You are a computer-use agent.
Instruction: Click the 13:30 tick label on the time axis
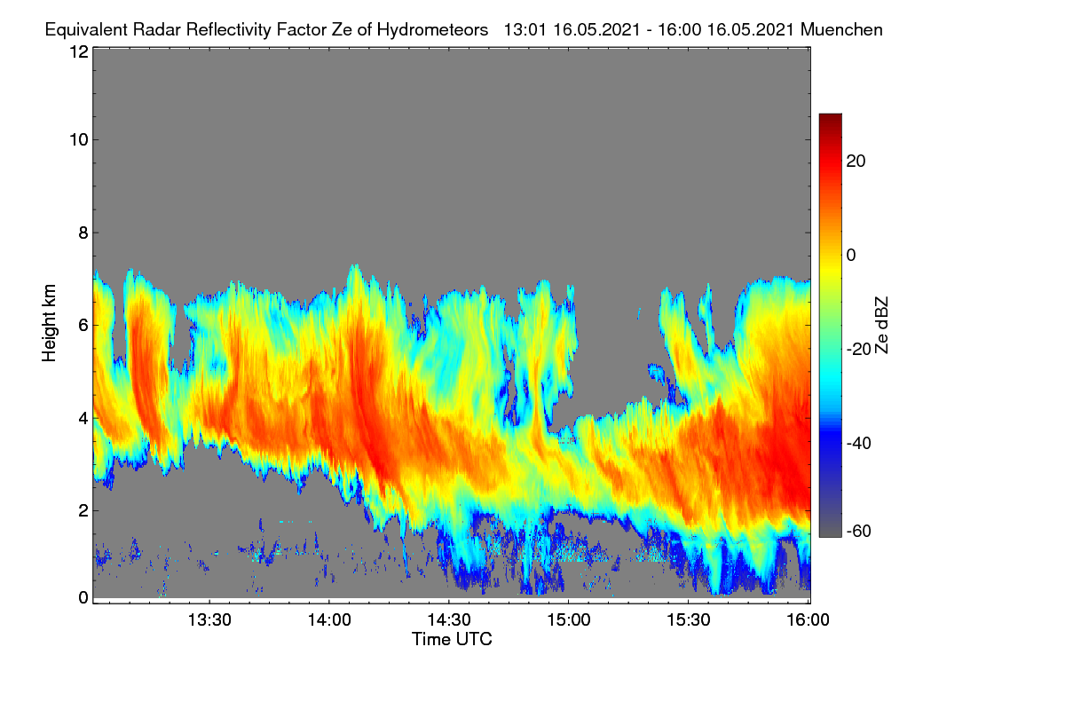[x=209, y=619]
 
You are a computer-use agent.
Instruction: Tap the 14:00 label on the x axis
[x=329, y=619]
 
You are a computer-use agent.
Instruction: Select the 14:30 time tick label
[x=449, y=619]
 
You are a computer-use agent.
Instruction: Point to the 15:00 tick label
[x=569, y=619]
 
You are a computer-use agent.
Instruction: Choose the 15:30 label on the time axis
[x=689, y=619]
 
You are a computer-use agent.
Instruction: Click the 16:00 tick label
[x=808, y=619]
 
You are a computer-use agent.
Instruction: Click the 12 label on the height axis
[x=79, y=51]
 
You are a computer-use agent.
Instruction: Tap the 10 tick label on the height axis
[x=79, y=140]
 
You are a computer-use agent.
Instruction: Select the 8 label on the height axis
[x=83, y=233]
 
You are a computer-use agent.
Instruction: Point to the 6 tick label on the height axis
[x=83, y=326]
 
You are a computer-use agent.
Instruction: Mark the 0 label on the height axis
[x=83, y=597]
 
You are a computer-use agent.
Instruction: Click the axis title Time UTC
[x=452, y=639]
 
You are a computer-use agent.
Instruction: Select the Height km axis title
[x=49, y=323]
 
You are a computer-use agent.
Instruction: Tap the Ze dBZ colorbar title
[x=881, y=326]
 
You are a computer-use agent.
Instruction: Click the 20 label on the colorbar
[x=856, y=162]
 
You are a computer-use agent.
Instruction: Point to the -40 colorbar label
[x=859, y=443]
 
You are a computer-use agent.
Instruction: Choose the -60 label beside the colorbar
[x=859, y=531]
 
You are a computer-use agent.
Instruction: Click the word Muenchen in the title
[x=841, y=29]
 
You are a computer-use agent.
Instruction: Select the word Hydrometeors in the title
[x=433, y=30]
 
